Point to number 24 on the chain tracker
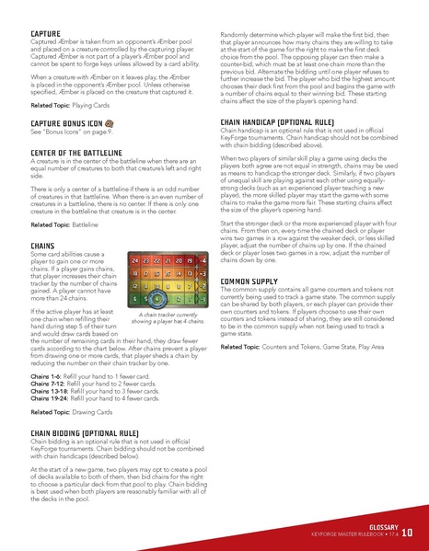[135, 261]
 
